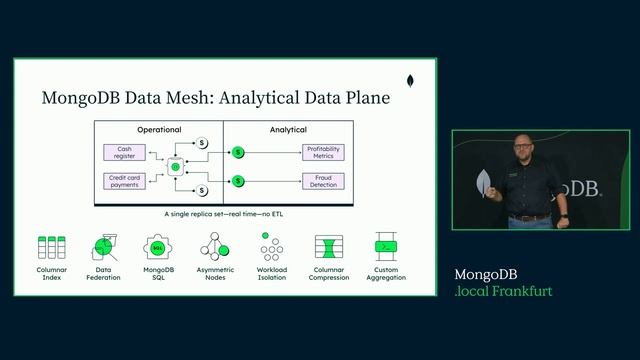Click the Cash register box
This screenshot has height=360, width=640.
(x=124, y=152)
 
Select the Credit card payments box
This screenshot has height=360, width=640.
(x=124, y=181)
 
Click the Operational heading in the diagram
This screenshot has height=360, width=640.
(x=159, y=130)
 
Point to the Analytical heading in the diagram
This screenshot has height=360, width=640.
(x=288, y=130)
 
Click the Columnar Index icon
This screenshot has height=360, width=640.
(x=51, y=246)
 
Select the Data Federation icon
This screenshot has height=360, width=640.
(x=105, y=246)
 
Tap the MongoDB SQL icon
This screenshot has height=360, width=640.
(x=159, y=246)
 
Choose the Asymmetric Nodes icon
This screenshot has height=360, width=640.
(x=215, y=246)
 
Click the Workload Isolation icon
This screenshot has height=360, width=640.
(x=271, y=246)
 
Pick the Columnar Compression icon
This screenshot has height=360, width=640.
(x=328, y=246)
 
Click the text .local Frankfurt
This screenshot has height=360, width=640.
(x=502, y=291)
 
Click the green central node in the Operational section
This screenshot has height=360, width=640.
(x=175, y=167)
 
